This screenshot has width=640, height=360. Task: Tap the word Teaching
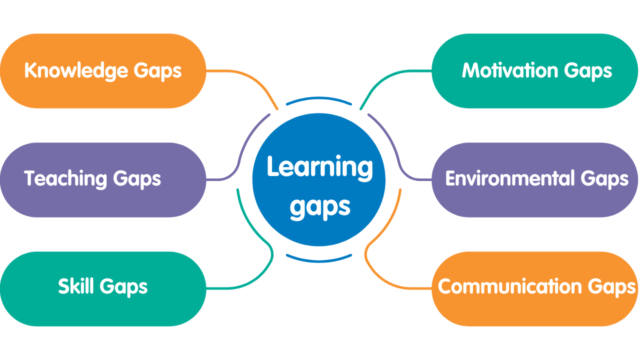(65, 179)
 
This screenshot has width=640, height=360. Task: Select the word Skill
(76, 286)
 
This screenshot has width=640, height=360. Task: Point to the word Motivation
(510, 70)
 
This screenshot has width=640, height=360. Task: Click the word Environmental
(510, 178)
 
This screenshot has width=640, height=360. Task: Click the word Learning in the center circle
(319, 168)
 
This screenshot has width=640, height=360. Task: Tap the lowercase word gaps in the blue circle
(320, 207)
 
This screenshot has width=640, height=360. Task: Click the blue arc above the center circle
(319, 98)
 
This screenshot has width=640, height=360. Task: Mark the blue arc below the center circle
(319, 261)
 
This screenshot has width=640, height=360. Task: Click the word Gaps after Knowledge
(157, 71)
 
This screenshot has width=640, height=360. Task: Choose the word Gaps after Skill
(123, 287)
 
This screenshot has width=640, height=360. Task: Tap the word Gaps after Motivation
(588, 71)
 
